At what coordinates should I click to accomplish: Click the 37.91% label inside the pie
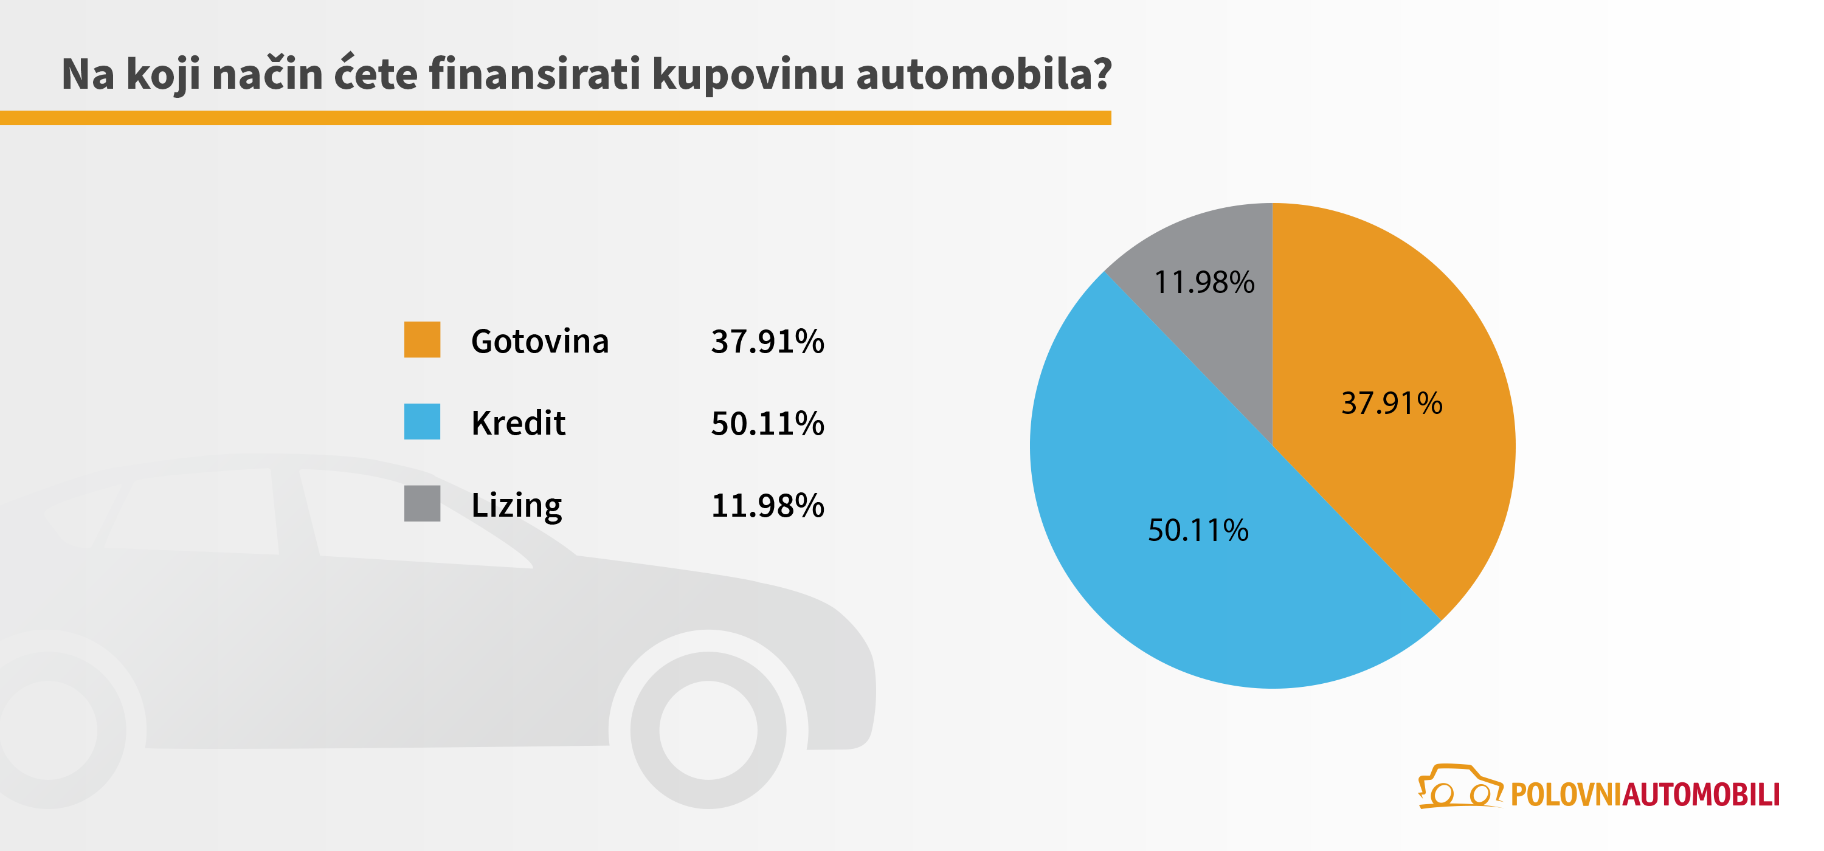(1391, 404)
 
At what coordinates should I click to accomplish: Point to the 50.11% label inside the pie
(1198, 530)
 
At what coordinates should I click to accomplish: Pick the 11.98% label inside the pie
(1204, 283)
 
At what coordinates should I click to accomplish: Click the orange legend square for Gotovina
(422, 340)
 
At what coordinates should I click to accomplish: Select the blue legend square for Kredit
(422, 422)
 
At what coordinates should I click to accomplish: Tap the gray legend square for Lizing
(422, 503)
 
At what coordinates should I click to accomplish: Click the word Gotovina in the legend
(539, 341)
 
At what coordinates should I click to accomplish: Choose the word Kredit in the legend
(518, 424)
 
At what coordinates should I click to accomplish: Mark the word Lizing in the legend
(516, 506)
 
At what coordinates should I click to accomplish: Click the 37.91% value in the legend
(767, 341)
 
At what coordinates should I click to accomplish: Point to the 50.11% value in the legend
(767, 424)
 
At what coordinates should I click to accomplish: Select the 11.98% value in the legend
(767, 506)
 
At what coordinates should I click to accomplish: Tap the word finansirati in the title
(534, 74)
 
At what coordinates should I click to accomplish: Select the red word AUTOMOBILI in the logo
(1701, 795)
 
